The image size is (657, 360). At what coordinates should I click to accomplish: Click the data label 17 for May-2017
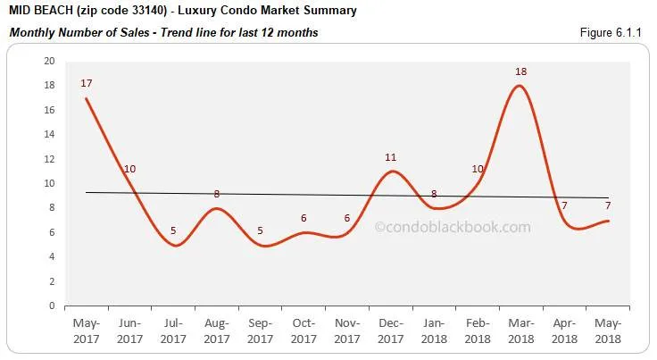point(87,84)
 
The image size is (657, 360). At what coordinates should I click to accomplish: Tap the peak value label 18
point(520,71)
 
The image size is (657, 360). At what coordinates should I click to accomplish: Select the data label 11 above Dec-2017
point(390,157)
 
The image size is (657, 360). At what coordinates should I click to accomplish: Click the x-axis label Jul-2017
point(173,332)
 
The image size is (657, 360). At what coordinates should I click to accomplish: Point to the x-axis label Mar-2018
point(520,332)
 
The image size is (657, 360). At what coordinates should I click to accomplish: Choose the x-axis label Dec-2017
point(390,332)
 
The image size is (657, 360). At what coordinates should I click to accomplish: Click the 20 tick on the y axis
point(49,62)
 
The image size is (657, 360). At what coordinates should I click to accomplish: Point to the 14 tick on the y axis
point(49,135)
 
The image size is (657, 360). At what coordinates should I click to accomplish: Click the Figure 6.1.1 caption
point(612,33)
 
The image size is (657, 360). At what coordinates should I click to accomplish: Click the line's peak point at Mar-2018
point(520,86)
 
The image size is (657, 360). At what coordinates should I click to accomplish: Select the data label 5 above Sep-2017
point(260,230)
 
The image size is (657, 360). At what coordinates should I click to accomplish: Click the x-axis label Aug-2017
point(217,332)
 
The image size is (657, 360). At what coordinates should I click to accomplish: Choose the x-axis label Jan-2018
point(433,332)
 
